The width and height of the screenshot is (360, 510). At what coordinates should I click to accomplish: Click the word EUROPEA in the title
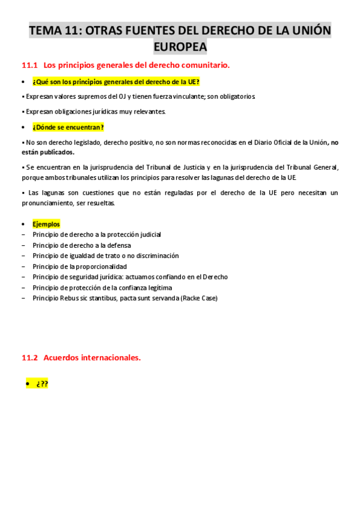coord(180,46)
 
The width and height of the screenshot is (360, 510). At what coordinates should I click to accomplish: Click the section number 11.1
coord(29,65)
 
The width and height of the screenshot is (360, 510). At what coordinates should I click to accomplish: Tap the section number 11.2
coord(29,357)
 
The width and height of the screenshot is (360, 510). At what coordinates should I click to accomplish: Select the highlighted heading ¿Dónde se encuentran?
coord(68,127)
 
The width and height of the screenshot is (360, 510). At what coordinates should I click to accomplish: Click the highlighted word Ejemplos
coord(46,224)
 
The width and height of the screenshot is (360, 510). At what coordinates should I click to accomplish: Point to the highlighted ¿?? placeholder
coord(41,384)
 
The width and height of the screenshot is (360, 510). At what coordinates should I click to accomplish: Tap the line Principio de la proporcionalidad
coord(80,266)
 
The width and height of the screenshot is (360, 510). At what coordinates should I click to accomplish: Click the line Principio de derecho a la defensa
coord(82,245)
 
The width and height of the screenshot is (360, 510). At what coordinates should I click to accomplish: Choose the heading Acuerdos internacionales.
coord(93,357)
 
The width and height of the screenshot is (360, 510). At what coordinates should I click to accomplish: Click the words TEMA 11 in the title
coord(53,31)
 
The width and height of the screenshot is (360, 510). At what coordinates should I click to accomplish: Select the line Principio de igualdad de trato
coord(106,256)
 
